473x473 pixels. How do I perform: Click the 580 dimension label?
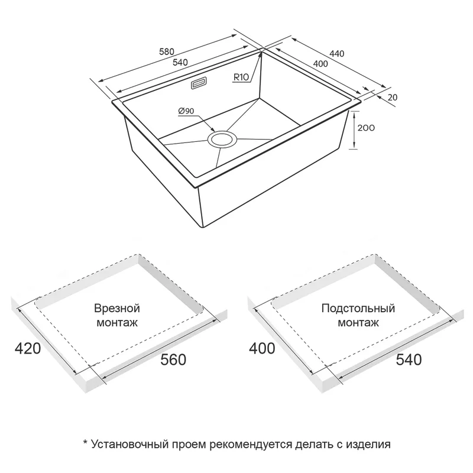click(x=167, y=51)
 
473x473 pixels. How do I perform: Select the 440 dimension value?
click(x=336, y=54)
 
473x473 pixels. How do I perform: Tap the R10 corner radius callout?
click(x=241, y=77)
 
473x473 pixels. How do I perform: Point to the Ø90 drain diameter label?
click(x=186, y=111)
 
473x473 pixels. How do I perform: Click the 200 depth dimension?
click(x=366, y=128)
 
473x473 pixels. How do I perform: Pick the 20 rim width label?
click(x=393, y=98)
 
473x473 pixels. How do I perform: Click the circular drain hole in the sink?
click(x=222, y=140)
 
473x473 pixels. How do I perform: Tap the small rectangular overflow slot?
click(x=199, y=83)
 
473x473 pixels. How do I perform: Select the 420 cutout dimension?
click(x=28, y=349)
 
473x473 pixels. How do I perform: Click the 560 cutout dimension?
click(x=173, y=359)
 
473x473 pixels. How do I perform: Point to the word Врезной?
click(x=117, y=308)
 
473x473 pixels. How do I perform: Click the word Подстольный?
click(x=358, y=308)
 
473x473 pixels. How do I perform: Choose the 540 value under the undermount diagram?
click(x=409, y=359)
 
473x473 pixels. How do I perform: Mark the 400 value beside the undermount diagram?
click(x=262, y=349)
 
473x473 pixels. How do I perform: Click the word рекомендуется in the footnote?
click(x=251, y=445)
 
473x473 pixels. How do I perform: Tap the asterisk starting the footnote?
click(x=85, y=443)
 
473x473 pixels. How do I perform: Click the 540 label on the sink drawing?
click(x=180, y=62)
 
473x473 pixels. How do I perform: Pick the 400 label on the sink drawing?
click(x=320, y=64)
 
